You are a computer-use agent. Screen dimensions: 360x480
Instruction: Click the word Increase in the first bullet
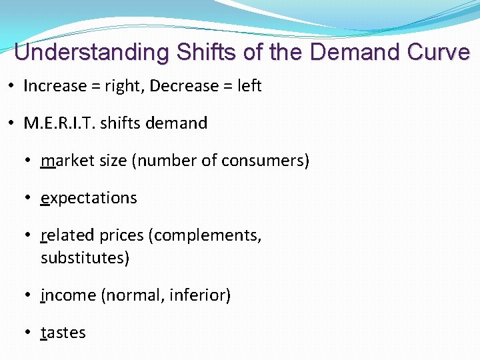(x=55, y=86)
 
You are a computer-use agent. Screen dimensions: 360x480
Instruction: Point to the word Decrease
(x=186, y=86)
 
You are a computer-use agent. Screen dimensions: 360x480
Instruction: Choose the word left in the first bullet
(x=249, y=86)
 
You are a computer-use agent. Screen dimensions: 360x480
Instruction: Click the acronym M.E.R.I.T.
(x=61, y=123)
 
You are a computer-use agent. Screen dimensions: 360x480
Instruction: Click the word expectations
(x=89, y=199)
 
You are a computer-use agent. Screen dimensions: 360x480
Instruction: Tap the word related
(x=67, y=235)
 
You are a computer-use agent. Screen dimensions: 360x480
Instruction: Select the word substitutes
(x=82, y=257)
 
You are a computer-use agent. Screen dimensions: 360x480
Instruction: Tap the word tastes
(x=63, y=333)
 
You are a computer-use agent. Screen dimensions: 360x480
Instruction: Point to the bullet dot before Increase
(x=14, y=86)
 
